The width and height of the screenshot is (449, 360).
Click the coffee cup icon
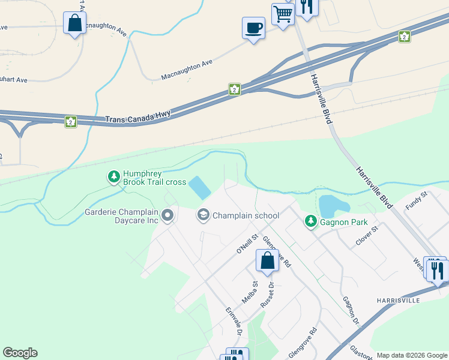[x=253, y=28]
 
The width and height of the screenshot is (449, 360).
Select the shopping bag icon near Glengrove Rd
[x=267, y=261]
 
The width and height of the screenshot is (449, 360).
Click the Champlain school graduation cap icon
[x=203, y=215]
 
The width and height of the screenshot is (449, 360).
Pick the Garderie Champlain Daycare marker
[x=167, y=214]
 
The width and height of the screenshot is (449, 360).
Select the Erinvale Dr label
[x=233, y=322]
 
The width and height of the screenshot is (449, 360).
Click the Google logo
[x=20, y=353]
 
